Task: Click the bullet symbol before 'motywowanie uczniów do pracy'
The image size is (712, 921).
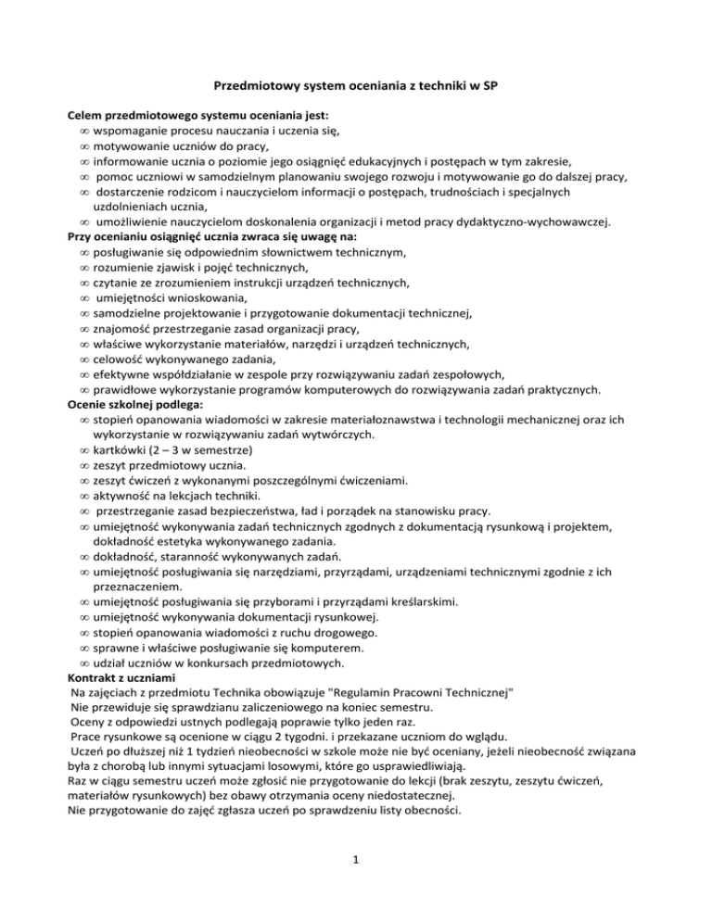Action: click(83, 145)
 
